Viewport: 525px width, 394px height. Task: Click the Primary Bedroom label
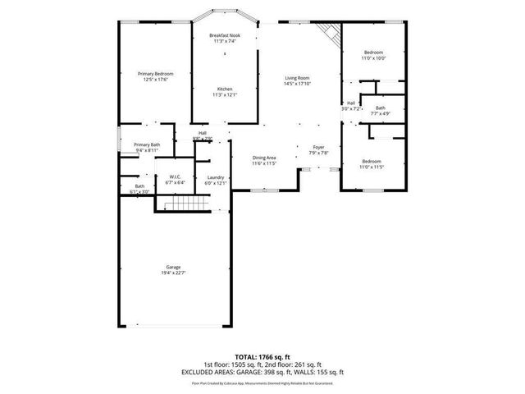pos(155,74)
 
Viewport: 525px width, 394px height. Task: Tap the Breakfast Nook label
pos(224,36)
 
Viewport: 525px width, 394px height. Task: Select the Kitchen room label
pos(224,89)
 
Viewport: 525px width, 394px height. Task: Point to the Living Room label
pos(297,77)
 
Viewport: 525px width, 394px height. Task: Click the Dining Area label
pos(263,158)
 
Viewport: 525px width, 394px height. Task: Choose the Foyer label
pos(318,147)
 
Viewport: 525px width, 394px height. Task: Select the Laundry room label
pos(216,177)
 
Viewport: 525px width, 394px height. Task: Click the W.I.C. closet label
pos(176,177)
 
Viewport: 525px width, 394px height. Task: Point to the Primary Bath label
pos(147,144)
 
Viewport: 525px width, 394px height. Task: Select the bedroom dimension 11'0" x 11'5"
pos(372,167)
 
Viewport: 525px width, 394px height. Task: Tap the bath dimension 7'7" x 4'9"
pos(380,113)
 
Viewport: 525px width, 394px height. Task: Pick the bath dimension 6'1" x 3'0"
pos(139,191)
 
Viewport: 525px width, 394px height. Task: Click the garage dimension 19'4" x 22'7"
pos(173,273)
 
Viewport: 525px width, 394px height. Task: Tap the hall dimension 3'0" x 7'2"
pos(351,108)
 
